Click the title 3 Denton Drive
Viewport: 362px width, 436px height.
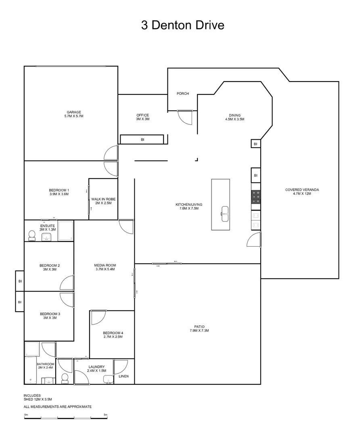(x=182, y=25)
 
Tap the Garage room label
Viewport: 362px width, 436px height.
(x=74, y=114)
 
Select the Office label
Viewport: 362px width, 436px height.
(x=142, y=117)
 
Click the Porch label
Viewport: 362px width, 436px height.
(x=183, y=94)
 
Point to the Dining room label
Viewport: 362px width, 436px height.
(x=234, y=117)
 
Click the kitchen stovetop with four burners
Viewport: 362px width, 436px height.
(x=256, y=197)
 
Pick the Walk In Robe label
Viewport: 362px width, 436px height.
(x=100, y=201)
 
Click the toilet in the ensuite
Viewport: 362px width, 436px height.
(x=32, y=235)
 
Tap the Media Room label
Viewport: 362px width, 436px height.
(x=105, y=267)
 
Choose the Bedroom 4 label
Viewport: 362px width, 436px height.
(x=113, y=335)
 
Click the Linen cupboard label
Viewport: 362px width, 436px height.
(x=124, y=376)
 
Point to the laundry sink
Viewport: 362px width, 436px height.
(x=108, y=379)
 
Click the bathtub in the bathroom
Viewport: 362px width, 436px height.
(x=31, y=370)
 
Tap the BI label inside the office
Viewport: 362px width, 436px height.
(x=142, y=140)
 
